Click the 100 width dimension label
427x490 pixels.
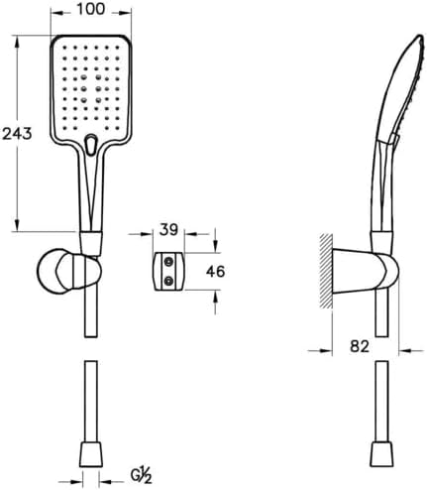(x=91, y=9)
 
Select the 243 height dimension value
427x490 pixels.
(x=17, y=134)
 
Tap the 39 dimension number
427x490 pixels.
(x=168, y=230)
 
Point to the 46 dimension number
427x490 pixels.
(x=215, y=272)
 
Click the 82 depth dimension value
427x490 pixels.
(x=360, y=346)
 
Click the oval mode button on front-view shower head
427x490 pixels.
(x=90, y=145)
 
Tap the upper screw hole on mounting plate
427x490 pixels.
(x=168, y=262)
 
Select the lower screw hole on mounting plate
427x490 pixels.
(x=168, y=281)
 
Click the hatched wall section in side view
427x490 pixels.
(x=326, y=271)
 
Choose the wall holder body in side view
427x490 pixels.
(x=365, y=271)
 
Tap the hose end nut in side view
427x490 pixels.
(x=382, y=453)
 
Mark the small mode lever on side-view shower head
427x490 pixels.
(x=393, y=139)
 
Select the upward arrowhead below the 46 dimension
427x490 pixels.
(x=215, y=296)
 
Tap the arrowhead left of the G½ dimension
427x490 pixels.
(x=74, y=481)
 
